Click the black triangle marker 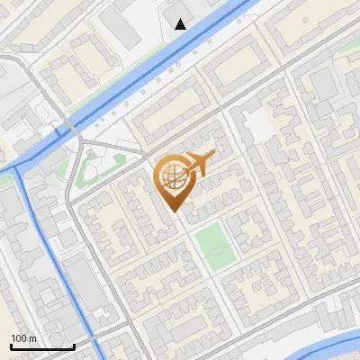tap(182, 24)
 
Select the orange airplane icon tap(198, 164)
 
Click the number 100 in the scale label tap(18, 338)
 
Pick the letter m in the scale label tap(31, 338)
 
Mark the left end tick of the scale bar tap(10, 346)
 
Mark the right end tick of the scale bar tap(74, 346)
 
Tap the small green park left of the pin tap(94, 167)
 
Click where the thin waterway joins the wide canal tap(20, 166)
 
